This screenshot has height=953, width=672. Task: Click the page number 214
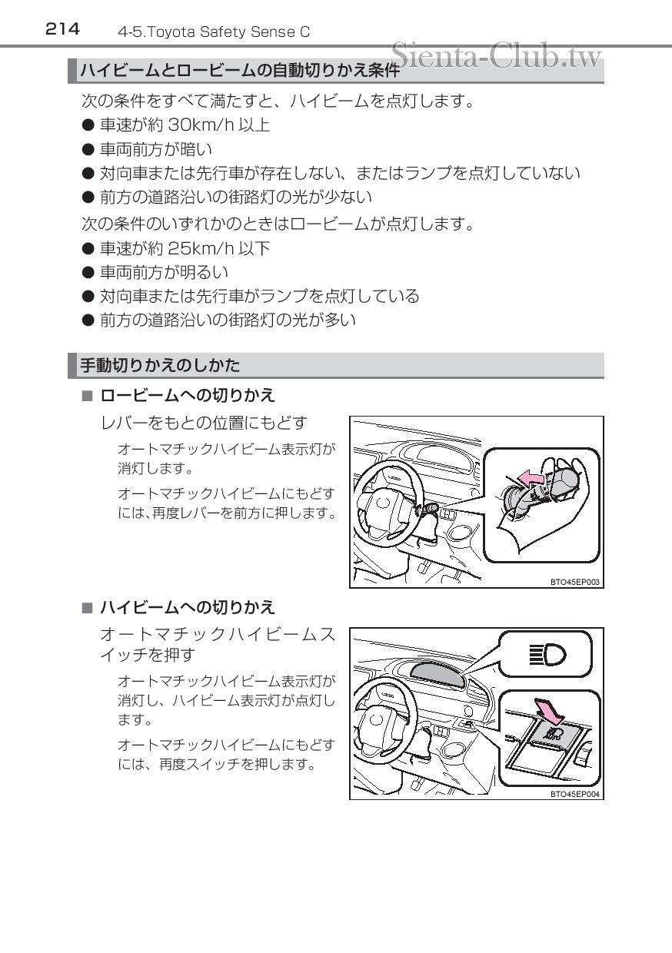62,29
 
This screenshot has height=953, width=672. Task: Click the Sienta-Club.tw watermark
496,55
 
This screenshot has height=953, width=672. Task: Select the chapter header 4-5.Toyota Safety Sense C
214,32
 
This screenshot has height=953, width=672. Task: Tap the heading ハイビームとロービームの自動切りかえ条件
240,71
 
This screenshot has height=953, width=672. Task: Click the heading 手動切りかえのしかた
160,365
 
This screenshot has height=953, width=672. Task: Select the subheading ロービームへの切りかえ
187,396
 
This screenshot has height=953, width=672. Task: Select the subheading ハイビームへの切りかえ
187,607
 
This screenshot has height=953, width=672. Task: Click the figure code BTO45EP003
574,582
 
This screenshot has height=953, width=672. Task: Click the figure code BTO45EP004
574,794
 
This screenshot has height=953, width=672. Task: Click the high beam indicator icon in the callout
547,654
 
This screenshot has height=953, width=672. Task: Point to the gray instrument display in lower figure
437,674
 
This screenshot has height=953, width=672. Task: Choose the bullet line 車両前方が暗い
156,148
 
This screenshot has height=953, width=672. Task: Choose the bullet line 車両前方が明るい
164,272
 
